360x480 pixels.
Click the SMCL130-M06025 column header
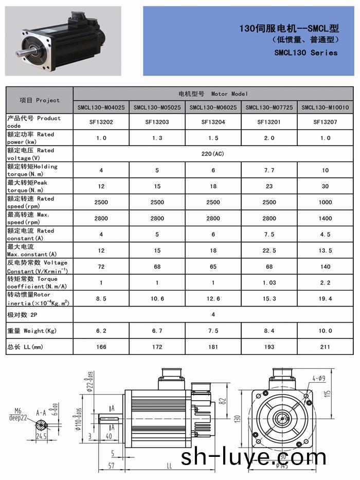point(213,108)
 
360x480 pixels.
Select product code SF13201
point(269,122)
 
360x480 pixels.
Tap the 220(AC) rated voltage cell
point(213,154)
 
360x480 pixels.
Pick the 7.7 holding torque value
point(269,170)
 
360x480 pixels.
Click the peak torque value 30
point(325,186)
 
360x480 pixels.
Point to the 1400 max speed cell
point(325,218)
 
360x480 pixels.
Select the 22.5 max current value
point(269,251)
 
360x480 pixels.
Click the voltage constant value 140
point(325,266)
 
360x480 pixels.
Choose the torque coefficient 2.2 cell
point(325,282)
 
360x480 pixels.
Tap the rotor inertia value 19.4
point(325,298)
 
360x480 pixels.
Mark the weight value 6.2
point(101,331)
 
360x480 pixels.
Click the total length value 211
point(325,347)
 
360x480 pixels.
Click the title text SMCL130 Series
point(305,52)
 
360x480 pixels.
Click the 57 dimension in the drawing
point(111,466)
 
